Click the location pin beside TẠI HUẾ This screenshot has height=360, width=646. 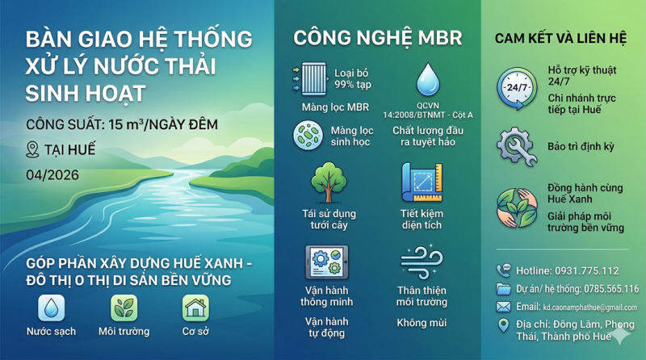click(x=32, y=149)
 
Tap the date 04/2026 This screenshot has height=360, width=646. click(x=52, y=174)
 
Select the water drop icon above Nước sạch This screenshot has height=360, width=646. click(x=51, y=308)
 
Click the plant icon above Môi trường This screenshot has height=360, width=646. click(x=124, y=308)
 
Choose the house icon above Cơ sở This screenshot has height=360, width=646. click(x=195, y=308)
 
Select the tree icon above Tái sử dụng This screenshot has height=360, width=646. click(x=328, y=182)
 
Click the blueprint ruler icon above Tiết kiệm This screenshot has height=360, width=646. click(x=422, y=182)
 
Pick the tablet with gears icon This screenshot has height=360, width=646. click(x=326, y=262)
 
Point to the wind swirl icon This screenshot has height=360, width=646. click(x=422, y=262)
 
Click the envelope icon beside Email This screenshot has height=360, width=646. click(x=504, y=307)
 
